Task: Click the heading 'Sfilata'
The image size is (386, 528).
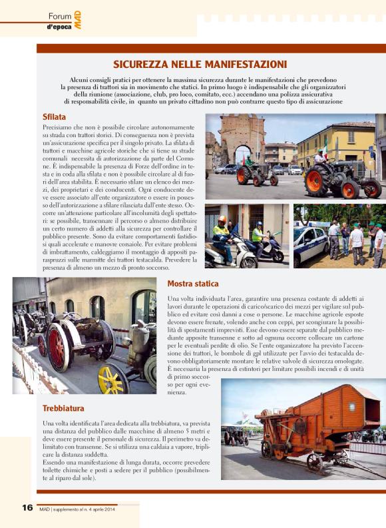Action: click(x=55, y=117)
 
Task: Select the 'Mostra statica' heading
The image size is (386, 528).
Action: click(x=193, y=284)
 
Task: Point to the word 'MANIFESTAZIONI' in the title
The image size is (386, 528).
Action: click(x=248, y=65)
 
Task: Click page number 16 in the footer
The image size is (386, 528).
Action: click(x=27, y=507)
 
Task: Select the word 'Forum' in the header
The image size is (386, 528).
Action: click(x=59, y=15)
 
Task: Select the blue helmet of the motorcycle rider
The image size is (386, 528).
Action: click(x=258, y=224)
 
